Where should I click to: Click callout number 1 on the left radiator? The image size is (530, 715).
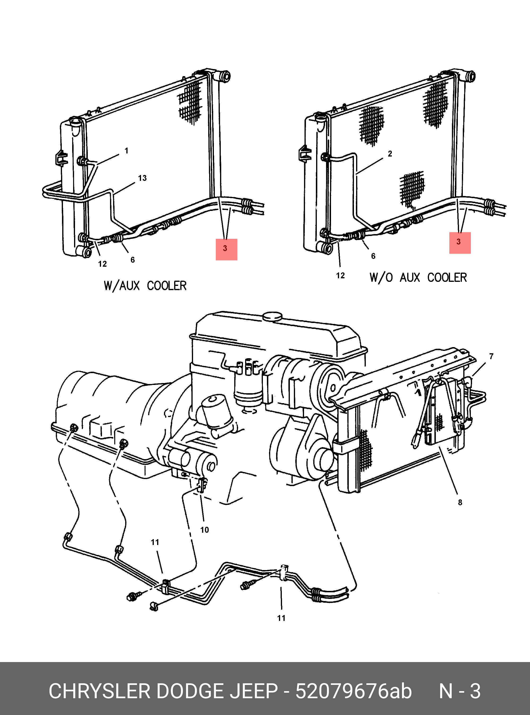coord(126,150)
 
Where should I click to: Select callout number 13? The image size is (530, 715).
coord(142,178)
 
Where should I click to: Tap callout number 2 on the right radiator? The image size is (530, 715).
coord(389,154)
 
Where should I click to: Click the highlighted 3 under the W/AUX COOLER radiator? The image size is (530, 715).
coord(226,249)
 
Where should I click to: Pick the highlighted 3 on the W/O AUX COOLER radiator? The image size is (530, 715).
coord(459,242)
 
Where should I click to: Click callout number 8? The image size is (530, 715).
coord(460,502)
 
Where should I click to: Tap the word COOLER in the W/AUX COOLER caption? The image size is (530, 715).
coord(167,286)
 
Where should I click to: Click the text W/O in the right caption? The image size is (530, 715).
coord(381,277)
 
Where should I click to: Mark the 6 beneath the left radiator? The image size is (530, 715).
coord(132,260)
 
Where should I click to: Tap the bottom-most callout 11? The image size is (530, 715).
coord(281,618)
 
